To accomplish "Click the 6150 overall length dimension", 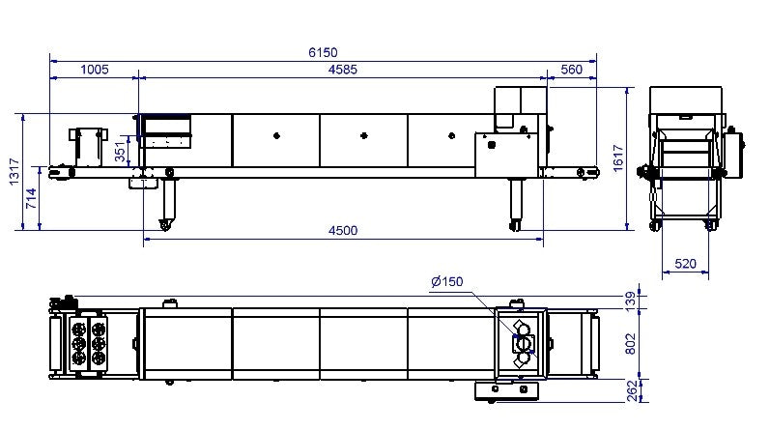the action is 323,52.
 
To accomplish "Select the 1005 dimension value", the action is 95,70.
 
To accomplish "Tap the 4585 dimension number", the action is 342,70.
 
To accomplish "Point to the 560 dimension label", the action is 571,70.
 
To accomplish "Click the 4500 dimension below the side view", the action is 343,230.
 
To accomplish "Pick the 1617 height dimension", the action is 617,158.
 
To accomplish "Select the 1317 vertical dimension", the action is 14,171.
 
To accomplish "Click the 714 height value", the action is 31,198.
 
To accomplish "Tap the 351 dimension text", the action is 120,152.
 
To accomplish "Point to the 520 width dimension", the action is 685,264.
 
